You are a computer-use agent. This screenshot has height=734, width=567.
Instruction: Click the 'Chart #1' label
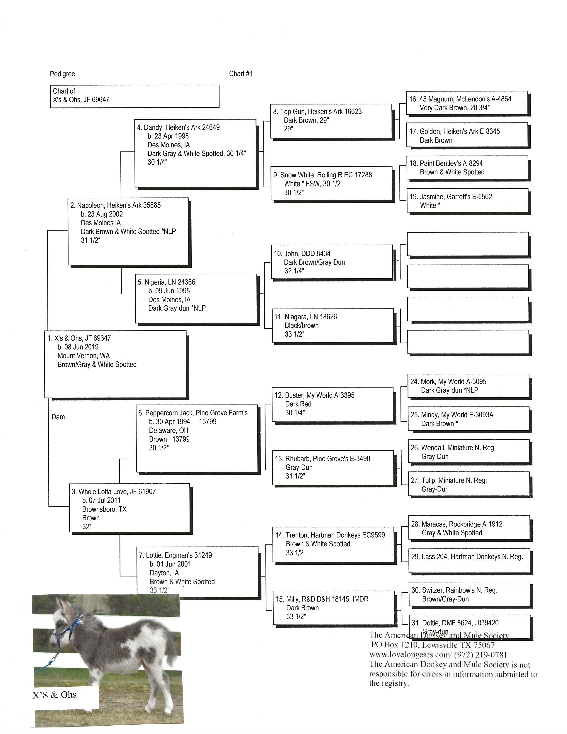point(241,74)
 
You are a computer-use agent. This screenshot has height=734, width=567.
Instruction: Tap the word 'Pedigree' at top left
point(62,74)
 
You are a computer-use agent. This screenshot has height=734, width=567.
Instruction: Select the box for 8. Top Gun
point(331,121)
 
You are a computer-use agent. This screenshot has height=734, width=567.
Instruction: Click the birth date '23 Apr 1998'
point(172,136)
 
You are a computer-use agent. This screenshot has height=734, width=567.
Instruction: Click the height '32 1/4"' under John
point(294,271)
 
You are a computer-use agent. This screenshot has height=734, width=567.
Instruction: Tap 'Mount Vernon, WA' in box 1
point(84,356)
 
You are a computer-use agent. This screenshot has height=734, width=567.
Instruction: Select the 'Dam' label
point(58,417)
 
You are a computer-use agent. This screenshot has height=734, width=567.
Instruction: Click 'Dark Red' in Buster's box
point(298,404)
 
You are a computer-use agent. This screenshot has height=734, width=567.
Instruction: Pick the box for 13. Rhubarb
point(333,467)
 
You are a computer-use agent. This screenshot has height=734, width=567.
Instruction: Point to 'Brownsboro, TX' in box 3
point(104,509)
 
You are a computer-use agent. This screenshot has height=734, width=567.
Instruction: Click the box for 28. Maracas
point(469,528)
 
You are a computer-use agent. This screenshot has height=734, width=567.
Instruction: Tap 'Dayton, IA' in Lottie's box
point(164,573)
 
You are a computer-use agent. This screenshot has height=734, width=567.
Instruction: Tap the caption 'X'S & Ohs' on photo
point(54,695)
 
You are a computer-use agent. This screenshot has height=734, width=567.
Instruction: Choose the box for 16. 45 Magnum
point(467,103)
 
